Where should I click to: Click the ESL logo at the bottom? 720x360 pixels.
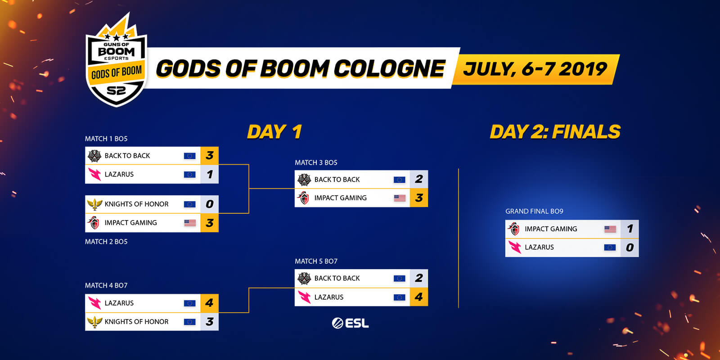click(x=350, y=323)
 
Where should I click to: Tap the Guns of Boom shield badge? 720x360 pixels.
click(x=117, y=61)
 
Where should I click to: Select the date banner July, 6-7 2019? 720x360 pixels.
click(x=535, y=69)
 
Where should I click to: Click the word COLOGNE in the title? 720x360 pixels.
click(x=389, y=69)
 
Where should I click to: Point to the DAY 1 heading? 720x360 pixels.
click(x=274, y=131)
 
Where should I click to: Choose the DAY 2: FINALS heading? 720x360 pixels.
click(x=555, y=131)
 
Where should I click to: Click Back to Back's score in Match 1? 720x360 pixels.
click(x=210, y=156)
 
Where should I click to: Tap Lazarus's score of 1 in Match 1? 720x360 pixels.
click(x=210, y=174)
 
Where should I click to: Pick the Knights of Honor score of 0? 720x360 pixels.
click(x=210, y=204)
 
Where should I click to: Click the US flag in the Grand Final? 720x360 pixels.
click(x=610, y=229)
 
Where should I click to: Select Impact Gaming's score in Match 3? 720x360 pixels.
click(x=419, y=198)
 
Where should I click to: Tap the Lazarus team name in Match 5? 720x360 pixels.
click(x=329, y=297)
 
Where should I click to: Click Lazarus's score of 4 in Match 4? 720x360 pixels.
click(x=210, y=303)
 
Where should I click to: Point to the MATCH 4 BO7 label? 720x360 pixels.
click(x=106, y=285)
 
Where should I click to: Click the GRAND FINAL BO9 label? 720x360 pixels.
click(x=534, y=211)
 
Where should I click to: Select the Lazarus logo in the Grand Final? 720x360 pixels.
click(x=515, y=247)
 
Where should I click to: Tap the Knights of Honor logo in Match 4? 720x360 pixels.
click(x=94, y=322)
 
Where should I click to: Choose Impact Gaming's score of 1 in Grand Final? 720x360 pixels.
click(x=630, y=229)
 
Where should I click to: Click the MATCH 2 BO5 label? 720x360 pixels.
click(x=106, y=242)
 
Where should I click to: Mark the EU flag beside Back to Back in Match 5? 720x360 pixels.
click(x=399, y=279)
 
